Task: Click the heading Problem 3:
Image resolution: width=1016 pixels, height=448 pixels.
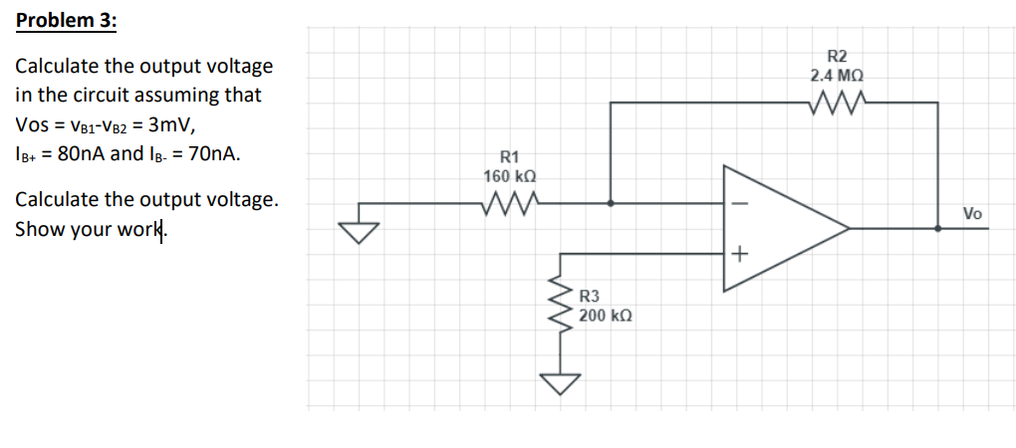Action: pos(66,21)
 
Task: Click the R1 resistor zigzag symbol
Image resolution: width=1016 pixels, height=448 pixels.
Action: pos(509,203)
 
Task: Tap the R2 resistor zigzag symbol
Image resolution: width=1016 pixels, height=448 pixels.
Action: pos(837,102)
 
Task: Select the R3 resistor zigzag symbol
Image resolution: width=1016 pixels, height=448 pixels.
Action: pos(559,305)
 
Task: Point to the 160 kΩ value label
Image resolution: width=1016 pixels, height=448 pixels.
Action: pos(510,176)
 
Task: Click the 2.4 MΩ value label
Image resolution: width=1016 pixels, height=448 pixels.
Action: pos(837,75)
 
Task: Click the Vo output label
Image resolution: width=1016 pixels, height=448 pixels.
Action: pos(972,213)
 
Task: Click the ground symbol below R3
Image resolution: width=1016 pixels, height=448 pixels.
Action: pos(559,384)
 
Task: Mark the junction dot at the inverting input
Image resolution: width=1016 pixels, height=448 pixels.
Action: pos(611,203)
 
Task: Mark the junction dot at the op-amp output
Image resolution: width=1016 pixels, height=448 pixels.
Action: pos(937,228)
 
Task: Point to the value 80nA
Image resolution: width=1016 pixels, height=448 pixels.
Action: pos(72,153)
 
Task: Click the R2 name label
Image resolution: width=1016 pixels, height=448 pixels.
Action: pos(837,56)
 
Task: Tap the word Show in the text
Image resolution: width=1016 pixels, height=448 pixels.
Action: pos(36,229)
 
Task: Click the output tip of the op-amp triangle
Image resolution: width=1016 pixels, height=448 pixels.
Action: pos(850,228)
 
